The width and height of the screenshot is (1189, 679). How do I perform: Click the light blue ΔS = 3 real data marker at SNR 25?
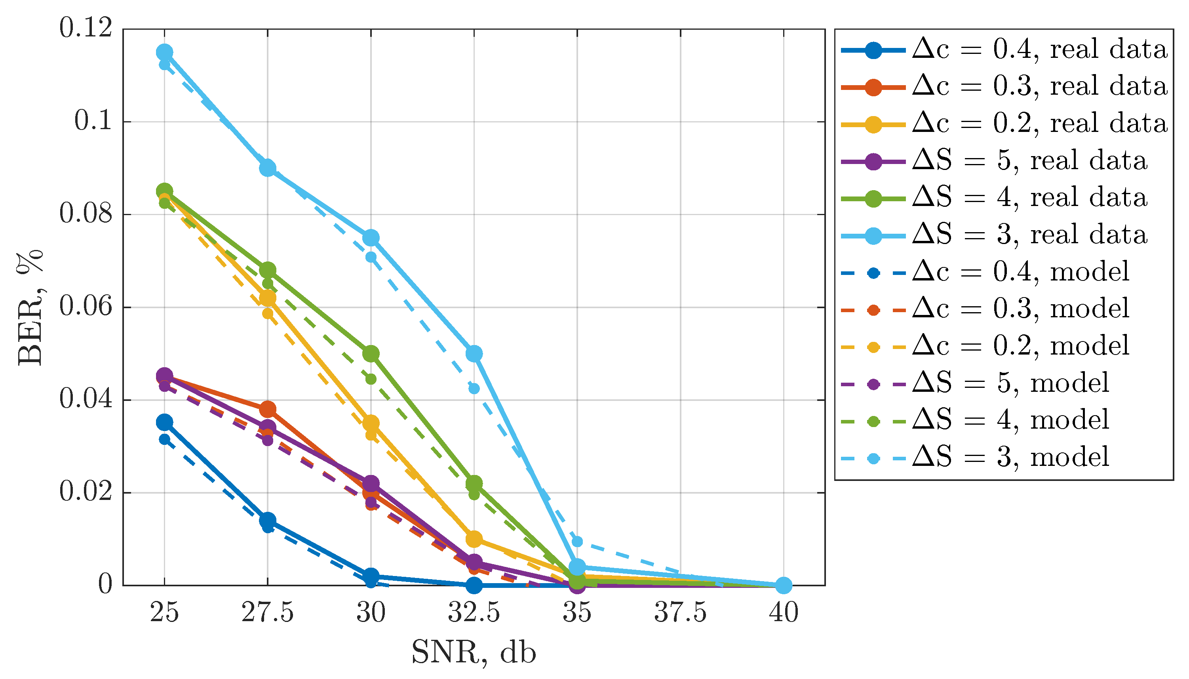click(164, 52)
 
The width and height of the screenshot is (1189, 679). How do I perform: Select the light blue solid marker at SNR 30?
click(371, 238)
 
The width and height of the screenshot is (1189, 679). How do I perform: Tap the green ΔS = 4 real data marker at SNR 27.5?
click(268, 270)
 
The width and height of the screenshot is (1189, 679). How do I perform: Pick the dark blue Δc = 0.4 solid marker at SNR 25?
click(164, 423)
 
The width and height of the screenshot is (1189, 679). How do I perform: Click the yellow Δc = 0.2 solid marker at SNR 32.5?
click(474, 539)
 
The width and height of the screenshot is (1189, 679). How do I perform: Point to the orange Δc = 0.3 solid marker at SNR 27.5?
click(268, 410)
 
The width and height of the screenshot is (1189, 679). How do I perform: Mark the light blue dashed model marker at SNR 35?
click(577, 542)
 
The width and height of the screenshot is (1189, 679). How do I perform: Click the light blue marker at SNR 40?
click(784, 585)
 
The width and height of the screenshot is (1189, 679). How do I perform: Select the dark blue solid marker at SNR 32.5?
click(474, 585)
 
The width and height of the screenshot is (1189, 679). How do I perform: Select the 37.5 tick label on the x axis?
click(680, 612)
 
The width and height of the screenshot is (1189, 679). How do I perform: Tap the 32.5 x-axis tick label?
click(474, 612)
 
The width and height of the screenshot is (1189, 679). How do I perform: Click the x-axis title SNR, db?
click(474, 652)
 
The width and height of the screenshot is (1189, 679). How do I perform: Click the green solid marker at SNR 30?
click(371, 354)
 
